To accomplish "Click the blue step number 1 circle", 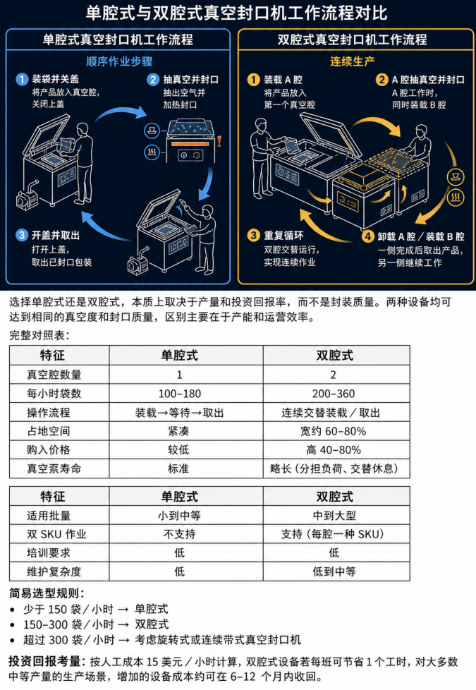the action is click(x=22, y=79).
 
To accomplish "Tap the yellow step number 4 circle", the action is click(x=368, y=236).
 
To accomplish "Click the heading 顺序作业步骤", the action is click(x=118, y=61).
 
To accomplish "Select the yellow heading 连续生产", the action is click(x=352, y=61).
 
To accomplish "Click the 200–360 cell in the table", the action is click(x=334, y=394).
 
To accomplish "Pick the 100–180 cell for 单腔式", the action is click(x=180, y=394).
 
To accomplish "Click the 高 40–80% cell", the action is click(x=334, y=449).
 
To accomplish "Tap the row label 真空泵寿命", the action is click(x=54, y=468).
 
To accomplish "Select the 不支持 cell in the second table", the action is click(x=180, y=534).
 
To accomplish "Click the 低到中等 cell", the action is click(x=334, y=571).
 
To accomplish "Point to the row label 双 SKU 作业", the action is click(x=56, y=534).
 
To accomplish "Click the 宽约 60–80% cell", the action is click(x=333, y=431).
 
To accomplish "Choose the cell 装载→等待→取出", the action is click(x=180, y=413).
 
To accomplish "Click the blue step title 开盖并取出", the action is click(x=56, y=236).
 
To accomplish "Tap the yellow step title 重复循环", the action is click(x=283, y=236).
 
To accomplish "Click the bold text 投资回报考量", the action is click(x=44, y=661).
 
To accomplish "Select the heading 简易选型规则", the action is click(x=47, y=593).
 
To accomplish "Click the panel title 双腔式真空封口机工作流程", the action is click(x=352, y=40).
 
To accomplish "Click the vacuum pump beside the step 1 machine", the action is click(x=28, y=197).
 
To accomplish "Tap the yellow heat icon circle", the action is click(x=456, y=197).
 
